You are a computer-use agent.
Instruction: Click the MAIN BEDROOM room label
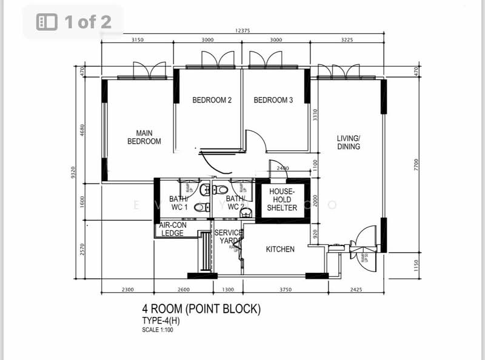pyautogui.click(x=144, y=137)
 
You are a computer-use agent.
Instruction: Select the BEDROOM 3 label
pyautogui.click(x=273, y=100)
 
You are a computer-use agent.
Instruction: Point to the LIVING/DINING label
pyautogui.click(x=349, y=142)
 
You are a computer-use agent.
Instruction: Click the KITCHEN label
pyautogui.click(x=280, y=249)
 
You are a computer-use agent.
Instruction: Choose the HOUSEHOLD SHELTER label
pyautogui.click(x=283, y=199)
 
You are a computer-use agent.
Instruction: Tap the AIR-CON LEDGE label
pyautogui.click(x=173, y=228)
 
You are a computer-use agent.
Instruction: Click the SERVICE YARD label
pyautogui.click(x=229, y=237)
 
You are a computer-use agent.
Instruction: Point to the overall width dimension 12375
pyautogui.click(x=242, y=32)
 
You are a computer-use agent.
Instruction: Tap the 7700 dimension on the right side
pyautogui.click(x=416, y=163)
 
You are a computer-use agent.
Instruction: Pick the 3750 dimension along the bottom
pyautogui.click(x=286, y=290)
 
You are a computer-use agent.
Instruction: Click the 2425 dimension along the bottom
pyautogui.click(x=356, y=290)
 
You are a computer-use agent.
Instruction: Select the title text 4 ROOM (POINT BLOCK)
pyautogui.click(x=201, y=309)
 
